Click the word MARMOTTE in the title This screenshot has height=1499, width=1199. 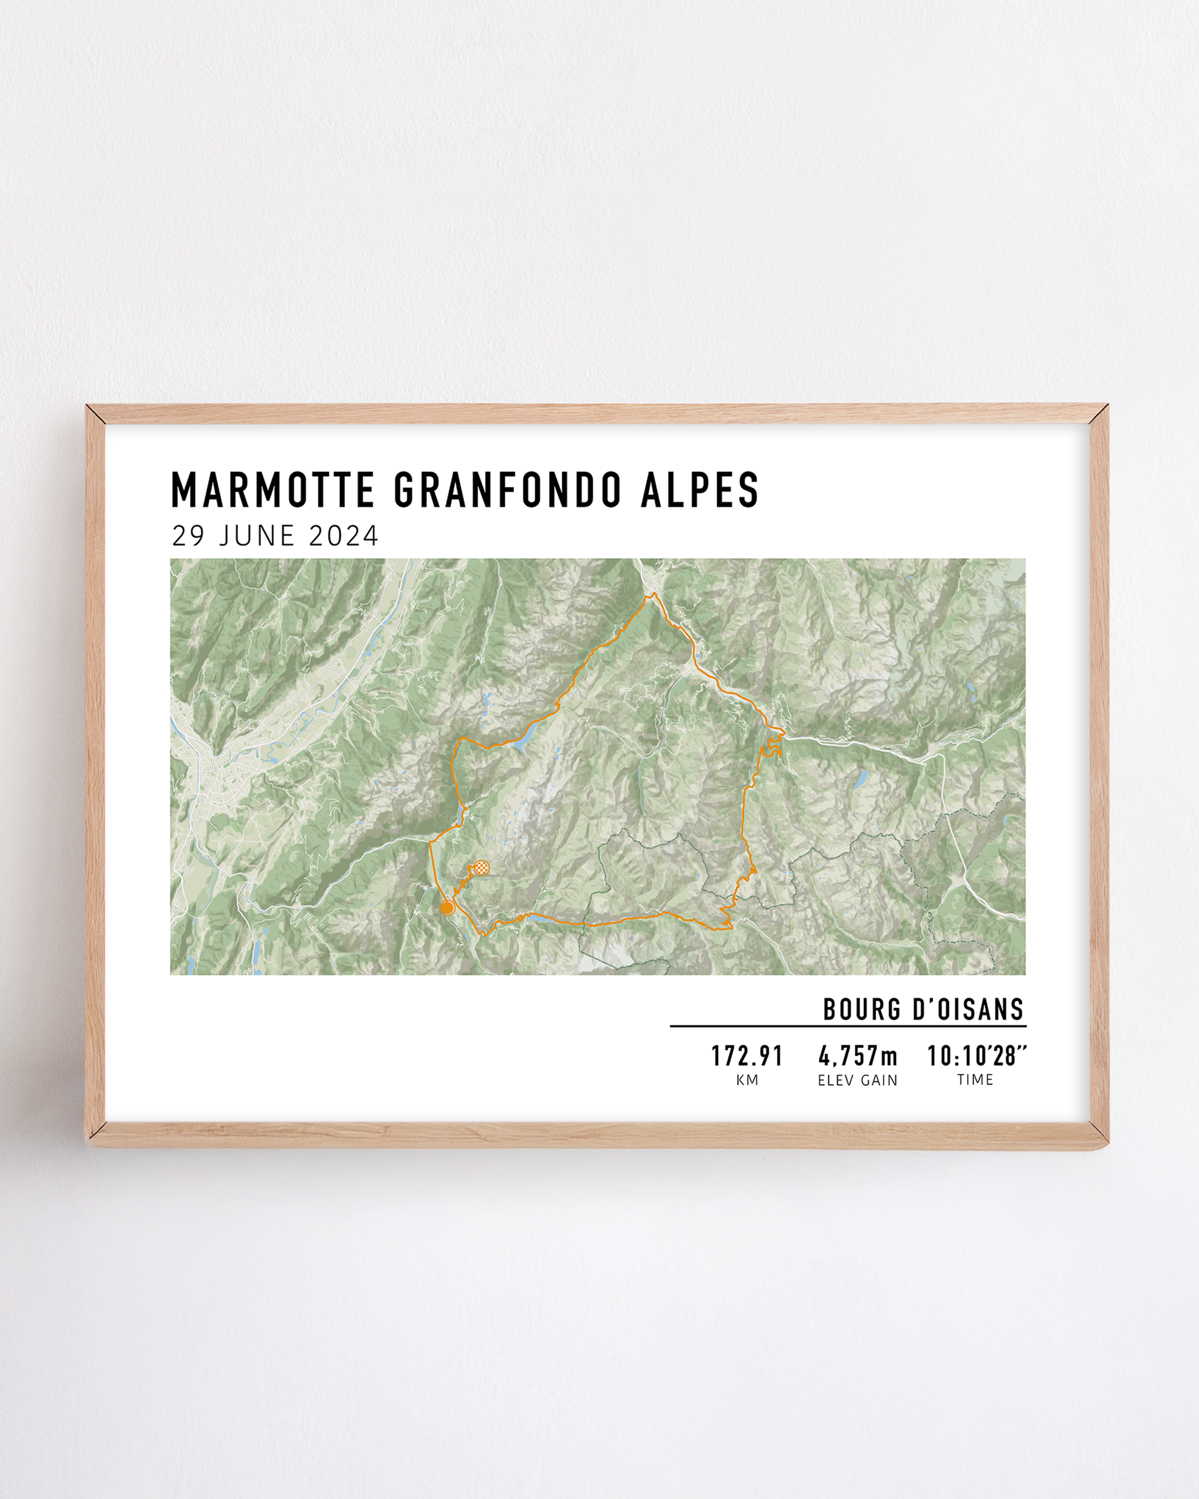272,490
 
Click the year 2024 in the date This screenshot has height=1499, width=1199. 344,536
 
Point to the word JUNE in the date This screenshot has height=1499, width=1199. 257,536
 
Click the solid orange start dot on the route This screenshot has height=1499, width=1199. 448,908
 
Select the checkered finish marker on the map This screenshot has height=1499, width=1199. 481,867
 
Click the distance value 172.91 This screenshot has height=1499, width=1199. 747,1057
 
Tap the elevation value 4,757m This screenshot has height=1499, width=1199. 858,1057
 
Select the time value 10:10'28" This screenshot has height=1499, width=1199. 976,1057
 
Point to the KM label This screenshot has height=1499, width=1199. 747,1080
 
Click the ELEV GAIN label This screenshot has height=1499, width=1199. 858,1080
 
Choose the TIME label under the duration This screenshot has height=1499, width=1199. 975,1080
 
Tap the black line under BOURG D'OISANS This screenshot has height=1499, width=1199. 848,1025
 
